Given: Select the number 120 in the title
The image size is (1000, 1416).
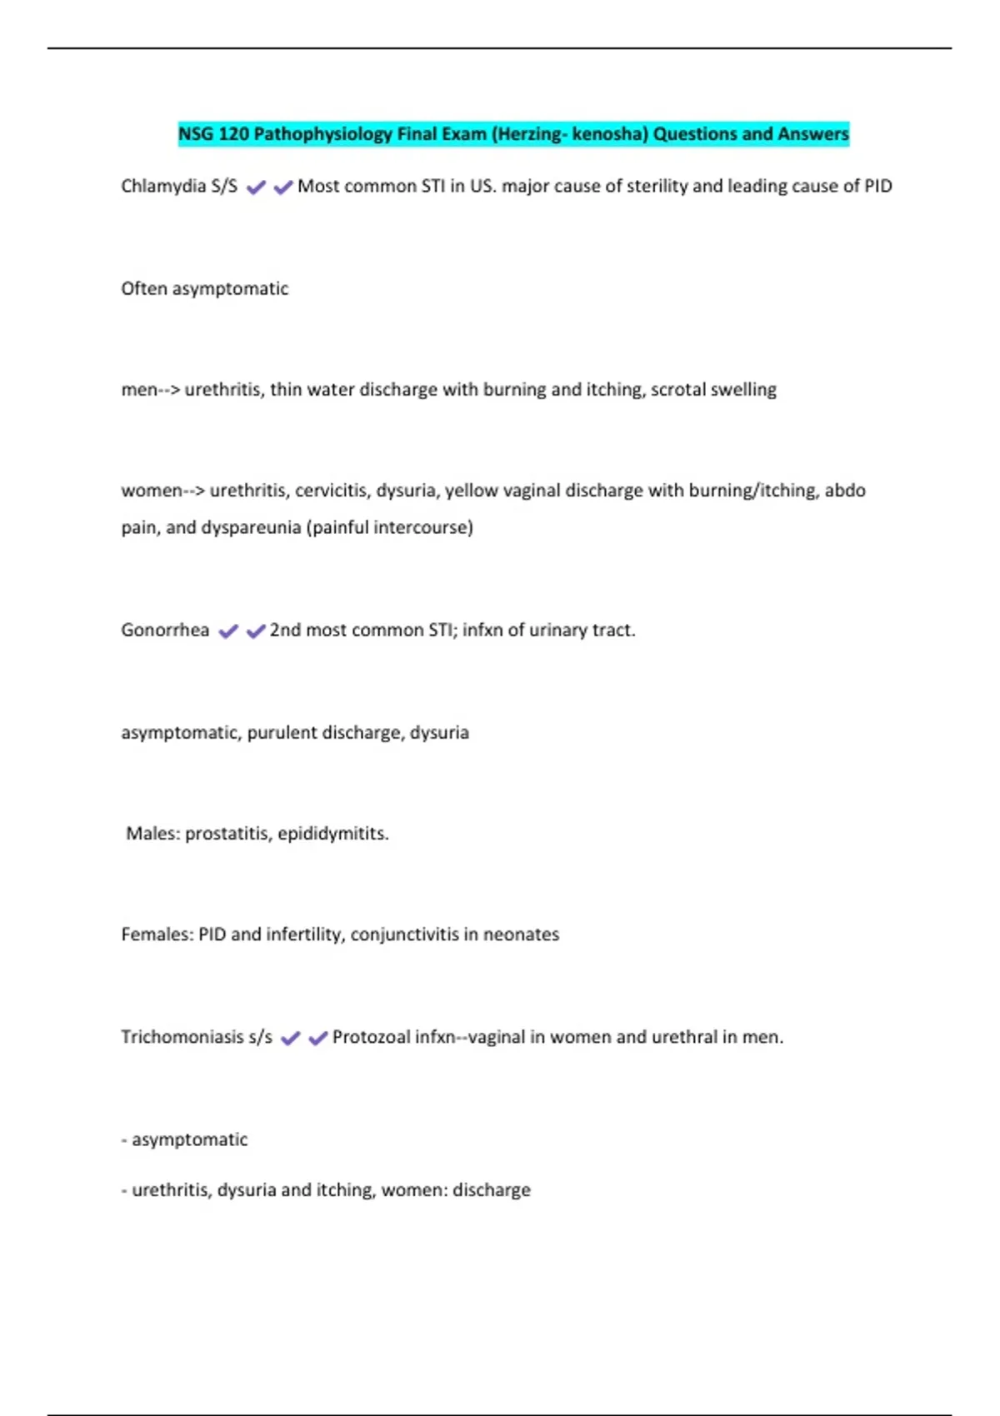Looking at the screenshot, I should (232, 134).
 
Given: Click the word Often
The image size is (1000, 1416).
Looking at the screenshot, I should (144, 288).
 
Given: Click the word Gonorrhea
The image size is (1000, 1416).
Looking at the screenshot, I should (165, 630).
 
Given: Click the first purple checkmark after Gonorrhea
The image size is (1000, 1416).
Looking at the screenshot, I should (228, 631).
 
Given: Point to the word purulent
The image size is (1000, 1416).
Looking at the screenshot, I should (282, 732).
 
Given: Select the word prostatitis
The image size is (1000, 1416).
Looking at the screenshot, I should (227, 833).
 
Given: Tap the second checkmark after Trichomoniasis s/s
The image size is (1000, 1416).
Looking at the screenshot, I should (317, 1039).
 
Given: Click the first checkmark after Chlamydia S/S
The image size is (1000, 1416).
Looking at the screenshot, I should (256, 187).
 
